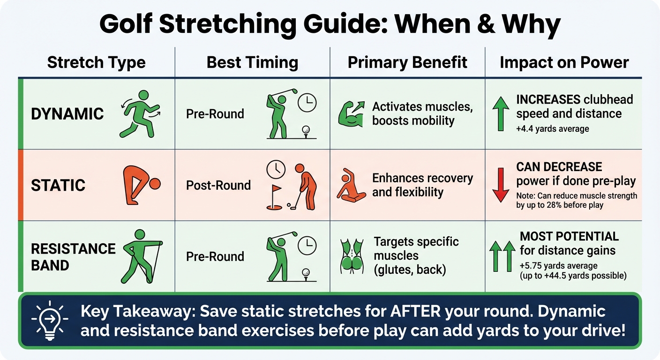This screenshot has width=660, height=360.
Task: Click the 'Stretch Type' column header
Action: coord(96,62)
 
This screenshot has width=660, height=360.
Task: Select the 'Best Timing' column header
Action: coord(252,62)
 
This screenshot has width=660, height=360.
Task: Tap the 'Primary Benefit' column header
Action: coord(407,62)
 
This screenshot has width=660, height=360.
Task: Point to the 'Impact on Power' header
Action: coord(564,62)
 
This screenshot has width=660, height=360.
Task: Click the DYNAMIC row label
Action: coord(67,114)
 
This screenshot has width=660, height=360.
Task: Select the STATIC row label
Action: coord(58,185)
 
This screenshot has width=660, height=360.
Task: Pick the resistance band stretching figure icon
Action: coord(141,255)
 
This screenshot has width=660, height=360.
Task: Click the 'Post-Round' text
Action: coord(218,185)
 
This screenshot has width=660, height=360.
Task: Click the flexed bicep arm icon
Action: coord(351,114)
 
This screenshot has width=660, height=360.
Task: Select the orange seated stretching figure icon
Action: coord(351,185)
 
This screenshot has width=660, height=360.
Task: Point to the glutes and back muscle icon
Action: coord(352,256)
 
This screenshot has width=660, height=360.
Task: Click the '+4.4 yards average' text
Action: coord(553,128)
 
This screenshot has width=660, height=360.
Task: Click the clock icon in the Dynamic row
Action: coord(307,102)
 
